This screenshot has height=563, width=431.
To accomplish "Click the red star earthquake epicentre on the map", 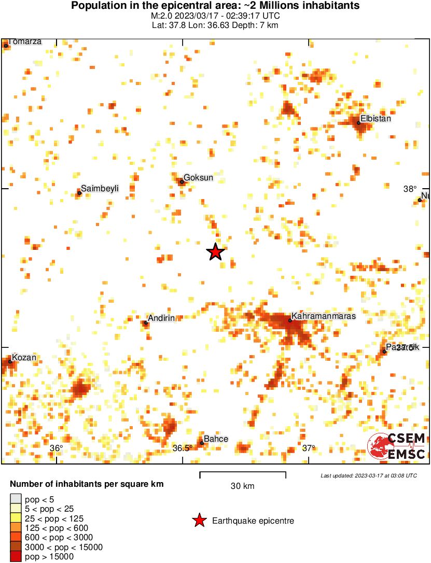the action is (x=215, y=252).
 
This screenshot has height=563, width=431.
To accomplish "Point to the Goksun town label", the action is (x=199, y=178).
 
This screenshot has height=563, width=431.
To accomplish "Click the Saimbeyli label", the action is (x=100, y=189).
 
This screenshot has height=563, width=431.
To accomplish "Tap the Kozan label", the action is (x=24, y=358).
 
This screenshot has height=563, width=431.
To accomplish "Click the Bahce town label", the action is (x=216, y=439).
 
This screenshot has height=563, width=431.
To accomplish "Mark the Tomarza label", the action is (x=24, y=41).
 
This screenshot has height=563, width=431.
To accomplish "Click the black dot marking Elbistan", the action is (x=358, y=123).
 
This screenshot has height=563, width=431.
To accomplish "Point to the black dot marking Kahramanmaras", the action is (x=290, y=320).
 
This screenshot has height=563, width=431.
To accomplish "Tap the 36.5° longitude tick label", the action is (x=183, y=448).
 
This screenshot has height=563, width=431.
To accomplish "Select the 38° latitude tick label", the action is (x=410, y=189).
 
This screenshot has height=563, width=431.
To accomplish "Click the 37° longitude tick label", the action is (x=309, y=448).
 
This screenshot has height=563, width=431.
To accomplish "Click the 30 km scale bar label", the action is (x=242, y=486).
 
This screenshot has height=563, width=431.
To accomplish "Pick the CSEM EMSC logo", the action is (x=396, y=446).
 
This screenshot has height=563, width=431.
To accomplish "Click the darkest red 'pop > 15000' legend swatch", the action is (x=16, y=557).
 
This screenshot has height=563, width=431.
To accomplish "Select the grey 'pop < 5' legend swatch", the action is (x=16, y=500).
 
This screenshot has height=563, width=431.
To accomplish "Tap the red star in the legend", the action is (x=199, y=521).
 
